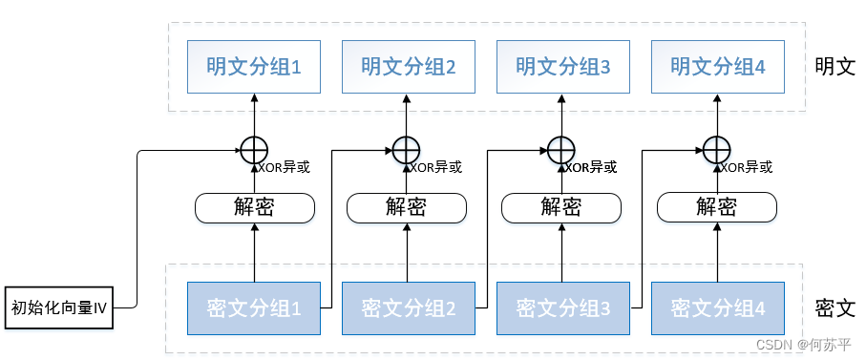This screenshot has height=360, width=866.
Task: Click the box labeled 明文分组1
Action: [x=254, y=67]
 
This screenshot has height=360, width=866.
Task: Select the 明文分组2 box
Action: [x=409, y=67]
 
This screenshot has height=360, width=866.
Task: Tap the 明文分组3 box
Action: [x=563, y=67]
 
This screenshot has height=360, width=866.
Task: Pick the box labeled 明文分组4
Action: [x=718, y=67]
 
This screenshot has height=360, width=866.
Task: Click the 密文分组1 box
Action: [x=254, y=308]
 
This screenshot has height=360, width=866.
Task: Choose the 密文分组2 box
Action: [x=409, y=308]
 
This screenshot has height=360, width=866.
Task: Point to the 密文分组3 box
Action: [x=563, y=308]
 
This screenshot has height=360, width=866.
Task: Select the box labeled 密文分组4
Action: [x=718, y=308]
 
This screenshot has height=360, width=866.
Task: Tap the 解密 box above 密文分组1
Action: [x=255, y=207]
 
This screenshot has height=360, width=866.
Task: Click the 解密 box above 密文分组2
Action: [x=407, y=207]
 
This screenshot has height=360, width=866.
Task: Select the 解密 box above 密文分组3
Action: [x=561, y=207]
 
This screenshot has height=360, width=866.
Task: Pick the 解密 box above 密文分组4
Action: [x=716, y=207]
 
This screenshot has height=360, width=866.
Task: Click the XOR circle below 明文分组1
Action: [x=253, y=150]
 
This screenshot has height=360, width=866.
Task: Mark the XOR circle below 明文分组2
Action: [x=407, y=150]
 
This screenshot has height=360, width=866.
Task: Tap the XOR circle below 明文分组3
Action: [x=561, y=150]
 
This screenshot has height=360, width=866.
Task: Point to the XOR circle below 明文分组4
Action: [x=716, y=150]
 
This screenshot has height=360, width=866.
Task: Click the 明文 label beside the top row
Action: [x=834, y=68]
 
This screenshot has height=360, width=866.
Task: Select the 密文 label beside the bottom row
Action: [x=834, y=308]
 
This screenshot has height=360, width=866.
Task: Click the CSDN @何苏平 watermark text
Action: [x=805, y=344]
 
